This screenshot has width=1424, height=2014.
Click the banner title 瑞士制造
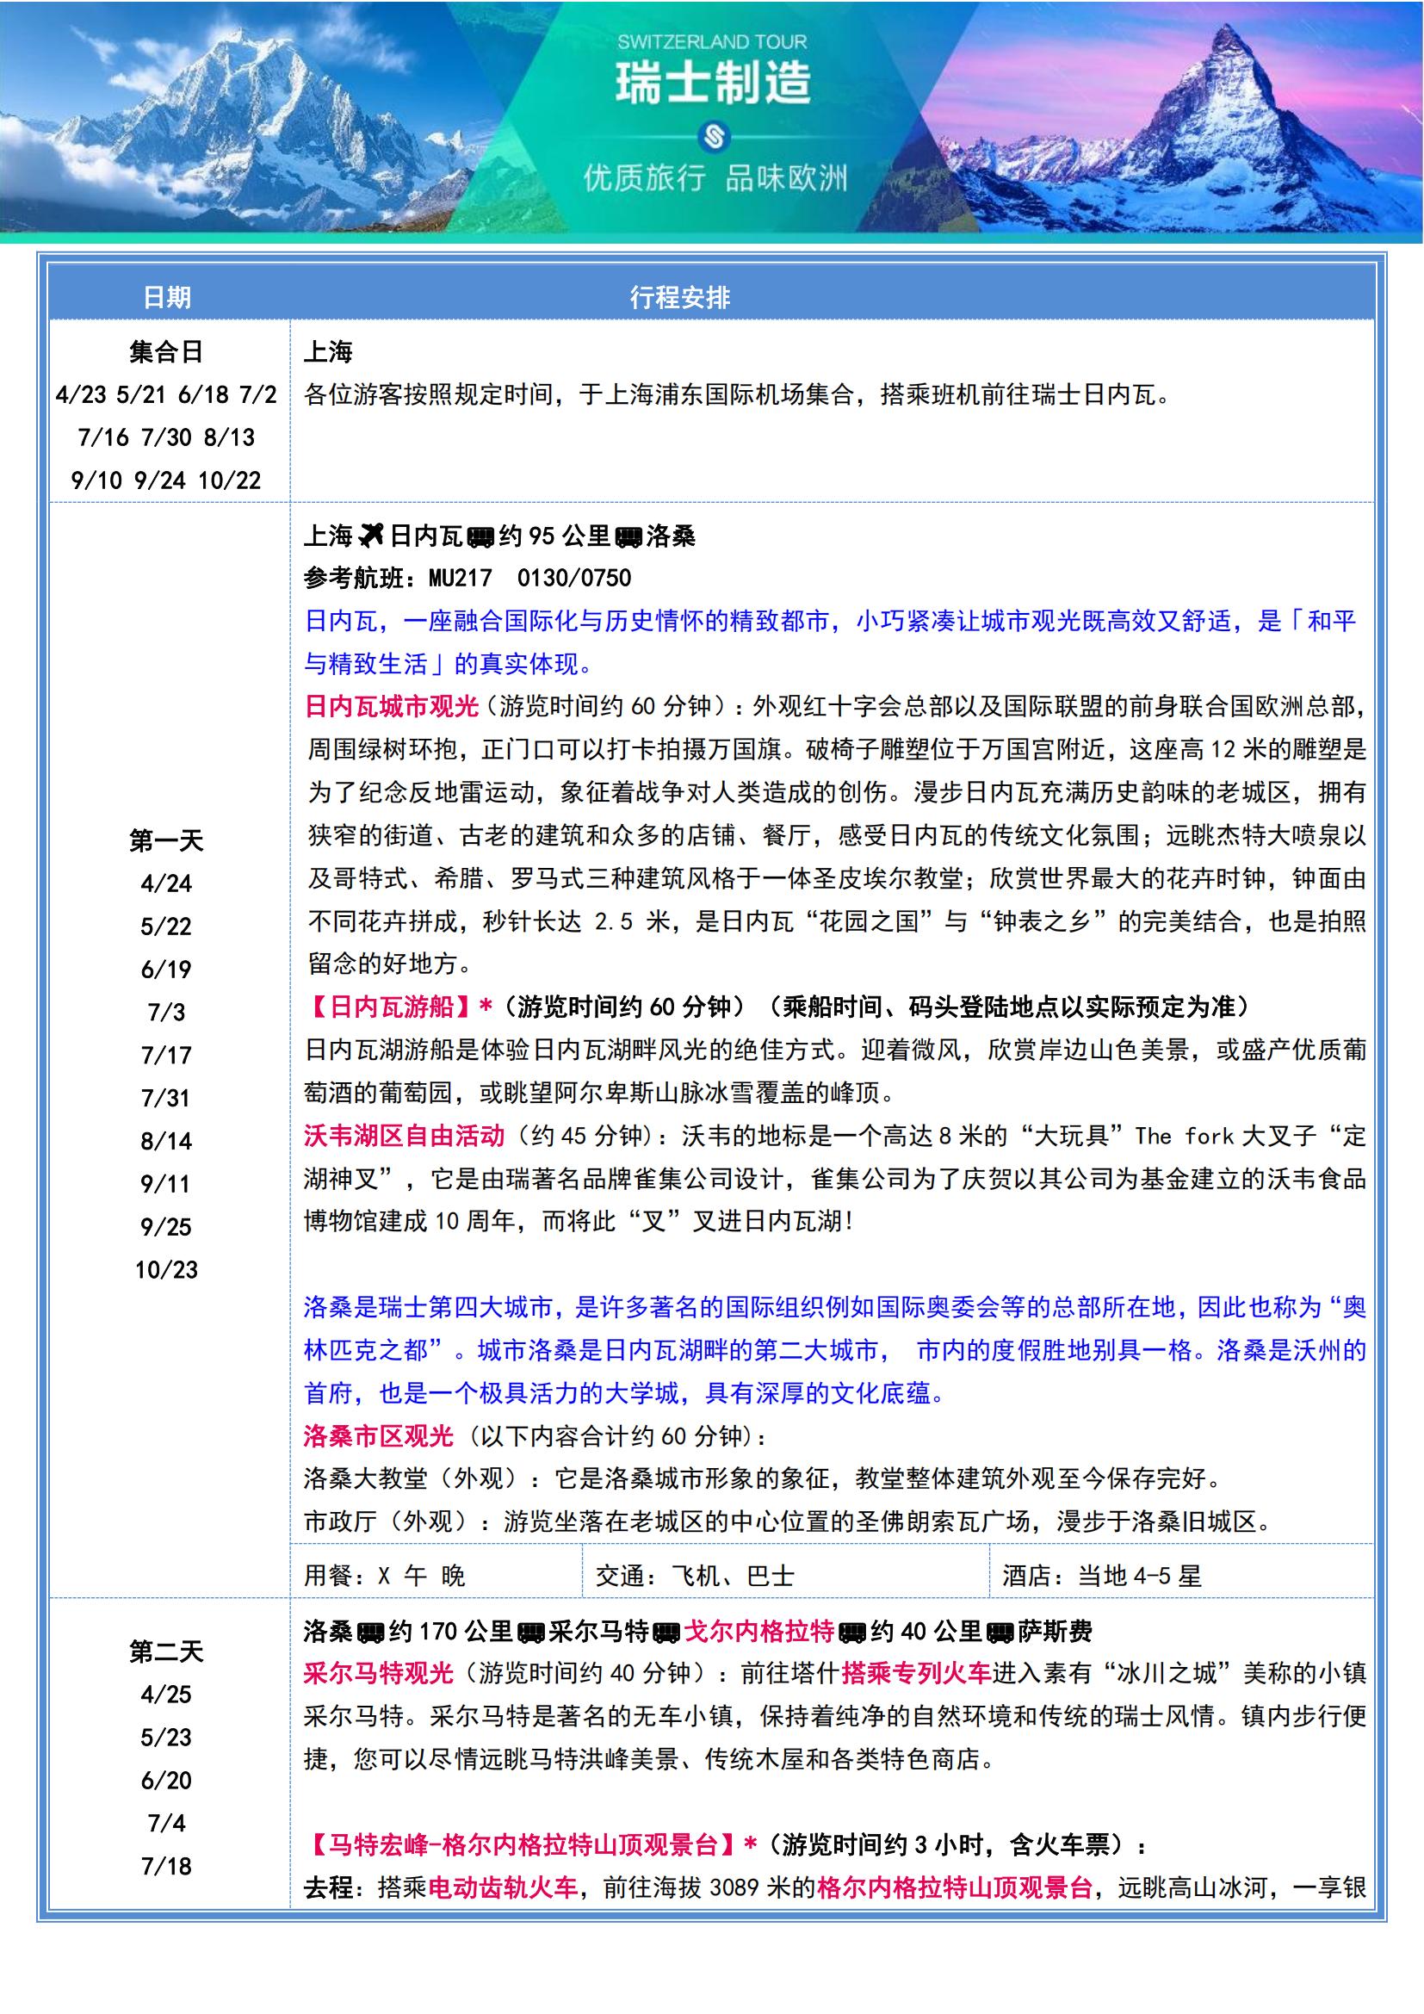(x=712, y=84)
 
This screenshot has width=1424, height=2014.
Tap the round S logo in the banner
(x=712, y=137)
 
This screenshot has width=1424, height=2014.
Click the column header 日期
(x=167, y=297)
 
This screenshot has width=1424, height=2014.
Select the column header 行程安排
(x=679, y=297)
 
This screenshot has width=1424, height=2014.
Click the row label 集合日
(x=167, y=353)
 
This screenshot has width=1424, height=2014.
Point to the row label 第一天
(x=167, y=841)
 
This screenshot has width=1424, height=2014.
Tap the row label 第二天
(x=167, y=1652)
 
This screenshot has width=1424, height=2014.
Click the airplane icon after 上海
(x=371, y=534)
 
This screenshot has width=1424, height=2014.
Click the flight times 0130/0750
(x=574, y=578)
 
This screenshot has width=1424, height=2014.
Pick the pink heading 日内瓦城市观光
(x=391, y=706)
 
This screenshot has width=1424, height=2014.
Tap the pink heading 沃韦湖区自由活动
(x=405, y=1136)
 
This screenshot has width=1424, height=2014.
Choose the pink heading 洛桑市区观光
(x=379, y=1436)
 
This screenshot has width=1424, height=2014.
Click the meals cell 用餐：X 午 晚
(x=385, y=1576)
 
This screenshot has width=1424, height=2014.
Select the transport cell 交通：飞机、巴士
(x=695, y=1576)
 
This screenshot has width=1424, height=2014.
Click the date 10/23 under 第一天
(x=167, y=1269)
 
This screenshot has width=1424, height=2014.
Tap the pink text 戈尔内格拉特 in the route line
(x=758, y=1631)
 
